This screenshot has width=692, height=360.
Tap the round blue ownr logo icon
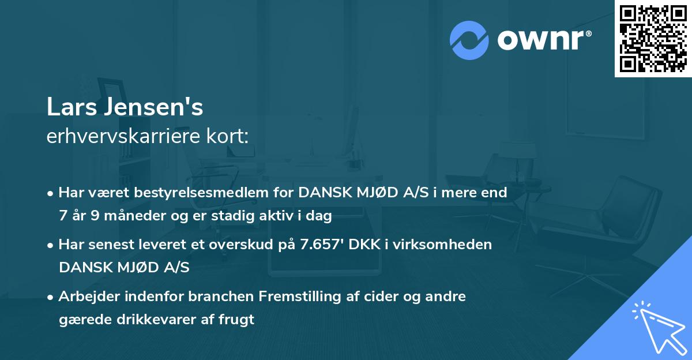pyautogui.click(x=469, y=40)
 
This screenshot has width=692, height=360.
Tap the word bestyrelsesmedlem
pyautogui.click(x=213, y=193)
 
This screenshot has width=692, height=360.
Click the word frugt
pyautogui.click(x=235, y=320)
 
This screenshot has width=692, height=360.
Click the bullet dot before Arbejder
pyautogui.click(x=51, y=297)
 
